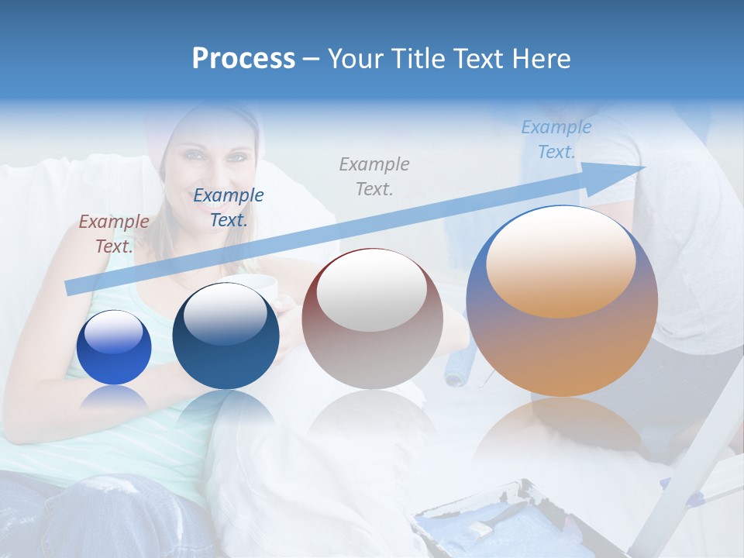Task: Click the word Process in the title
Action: click(243, 59)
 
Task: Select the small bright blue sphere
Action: click(114, 346)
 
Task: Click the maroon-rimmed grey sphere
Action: click(372, 319)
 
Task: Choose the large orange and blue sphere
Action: click(562, 302)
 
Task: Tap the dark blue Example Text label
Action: click(229, 208)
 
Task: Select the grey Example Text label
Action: click(374, 176)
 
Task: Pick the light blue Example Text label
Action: click(556, 139)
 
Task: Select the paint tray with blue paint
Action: click(496, 519)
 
